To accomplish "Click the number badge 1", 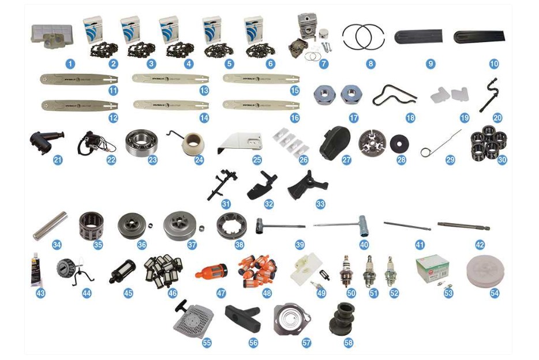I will [69, 63].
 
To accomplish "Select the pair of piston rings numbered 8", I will [365, 37].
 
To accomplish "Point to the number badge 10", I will [493, 63].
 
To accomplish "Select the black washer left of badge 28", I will [398, 144].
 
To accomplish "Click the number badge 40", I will [364, 245].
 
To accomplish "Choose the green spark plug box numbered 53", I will [432, 267].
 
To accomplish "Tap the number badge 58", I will [347, 343].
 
